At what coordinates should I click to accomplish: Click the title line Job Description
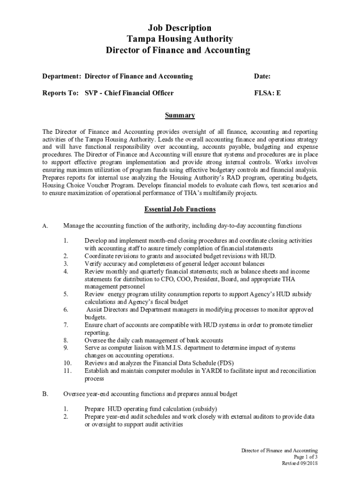[180, 28]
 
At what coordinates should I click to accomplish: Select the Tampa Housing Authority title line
[180, 39]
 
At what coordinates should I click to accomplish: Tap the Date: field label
[262, 76]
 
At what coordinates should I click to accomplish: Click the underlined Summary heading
[180, 116]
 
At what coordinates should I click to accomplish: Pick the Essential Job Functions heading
[180, 209]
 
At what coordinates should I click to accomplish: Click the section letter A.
[45, 226]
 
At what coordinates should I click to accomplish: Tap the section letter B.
[45, 394]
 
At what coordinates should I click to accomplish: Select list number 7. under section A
[66, 325]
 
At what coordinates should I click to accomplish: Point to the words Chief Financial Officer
[139, 93]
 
